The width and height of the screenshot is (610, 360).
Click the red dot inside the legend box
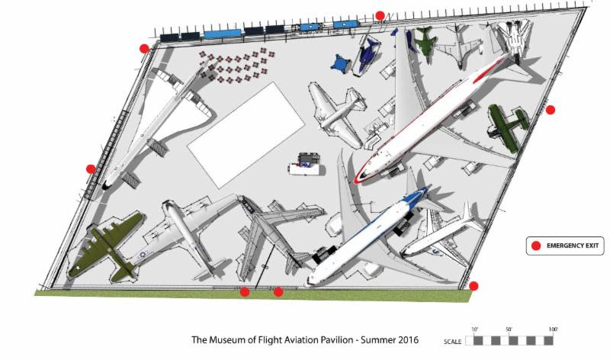[x=536, y=246]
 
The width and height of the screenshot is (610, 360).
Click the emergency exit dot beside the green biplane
[x=551, y=110]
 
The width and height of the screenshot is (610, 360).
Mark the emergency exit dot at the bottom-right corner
[x=474, y=286]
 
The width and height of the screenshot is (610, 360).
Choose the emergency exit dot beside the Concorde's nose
[x=91, y=169]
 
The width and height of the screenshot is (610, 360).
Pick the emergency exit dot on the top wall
[x=380, y=15]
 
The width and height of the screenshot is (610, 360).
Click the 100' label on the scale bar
[x=552, y=329]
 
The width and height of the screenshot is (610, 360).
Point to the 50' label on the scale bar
[x=509, y=329]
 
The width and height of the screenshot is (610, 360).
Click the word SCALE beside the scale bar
[x=453, y=341]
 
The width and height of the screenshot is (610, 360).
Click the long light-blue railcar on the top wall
[x=222, y=33]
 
